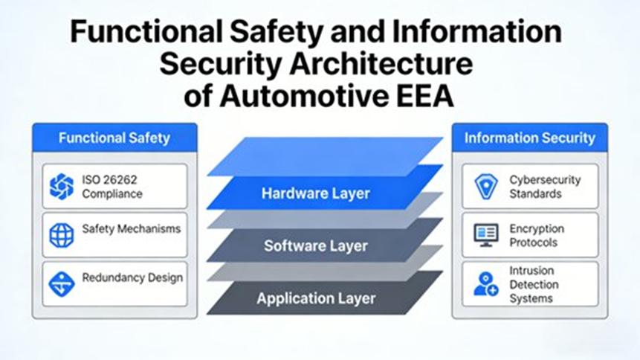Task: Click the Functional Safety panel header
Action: coord(114,138)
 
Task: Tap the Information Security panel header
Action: coord(529,138)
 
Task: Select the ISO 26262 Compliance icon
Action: coord(62,186)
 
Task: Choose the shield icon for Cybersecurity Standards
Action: coord(485,186)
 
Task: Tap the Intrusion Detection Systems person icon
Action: coord(485,283)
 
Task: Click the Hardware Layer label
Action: coord(315,194)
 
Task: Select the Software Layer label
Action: coord(315,246)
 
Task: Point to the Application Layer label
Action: coord(316,299)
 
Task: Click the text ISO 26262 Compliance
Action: coord(112,187)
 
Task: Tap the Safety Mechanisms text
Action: coord(131,228)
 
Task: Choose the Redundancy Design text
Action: coord(132,278)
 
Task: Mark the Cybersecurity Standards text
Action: coord(545,187)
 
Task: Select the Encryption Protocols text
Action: coord(537,236)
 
